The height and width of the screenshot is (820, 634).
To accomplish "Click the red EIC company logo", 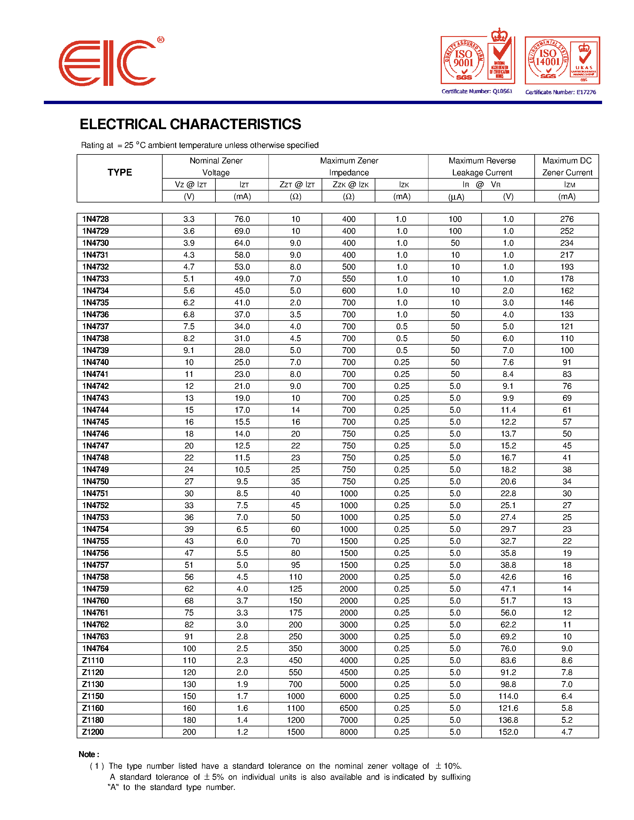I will (107, 63).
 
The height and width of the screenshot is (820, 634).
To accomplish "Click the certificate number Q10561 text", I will (477, 91).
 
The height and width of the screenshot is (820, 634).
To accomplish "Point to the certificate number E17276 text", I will (560, 92).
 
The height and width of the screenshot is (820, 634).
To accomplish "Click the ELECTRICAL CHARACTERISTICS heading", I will (190, 124).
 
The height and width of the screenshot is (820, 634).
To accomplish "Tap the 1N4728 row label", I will (95, 219).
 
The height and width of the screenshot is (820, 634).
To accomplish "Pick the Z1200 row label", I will (93, 732).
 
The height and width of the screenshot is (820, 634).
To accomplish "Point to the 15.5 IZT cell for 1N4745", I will (242, 422).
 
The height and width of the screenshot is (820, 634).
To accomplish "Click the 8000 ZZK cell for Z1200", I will (348, 732).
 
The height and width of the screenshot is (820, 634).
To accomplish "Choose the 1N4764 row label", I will (95, 649).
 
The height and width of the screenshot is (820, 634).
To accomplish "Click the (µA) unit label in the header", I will (456, 197).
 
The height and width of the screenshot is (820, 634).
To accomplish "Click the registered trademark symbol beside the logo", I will (161, 39).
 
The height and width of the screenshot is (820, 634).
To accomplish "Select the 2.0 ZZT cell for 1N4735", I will (295, 303).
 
